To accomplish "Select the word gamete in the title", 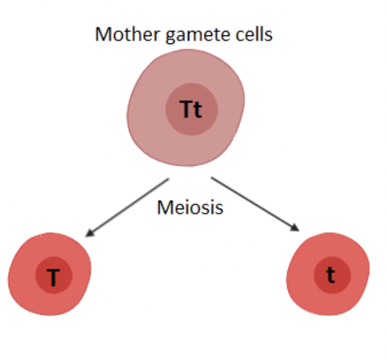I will click(x=189, y=35).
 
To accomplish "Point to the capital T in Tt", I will click(x=186, y=110).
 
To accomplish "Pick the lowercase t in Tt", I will click(x=198, y=110).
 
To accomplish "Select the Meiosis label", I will click(x=190, y=206).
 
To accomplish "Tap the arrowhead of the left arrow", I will click(x=89, y=234).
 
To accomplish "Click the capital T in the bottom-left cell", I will click(x=53, y=278).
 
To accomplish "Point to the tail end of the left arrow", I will click(x=168, y=180).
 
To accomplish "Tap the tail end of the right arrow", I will click(x=212, y=178).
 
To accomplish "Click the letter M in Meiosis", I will click(x=164, y=206).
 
